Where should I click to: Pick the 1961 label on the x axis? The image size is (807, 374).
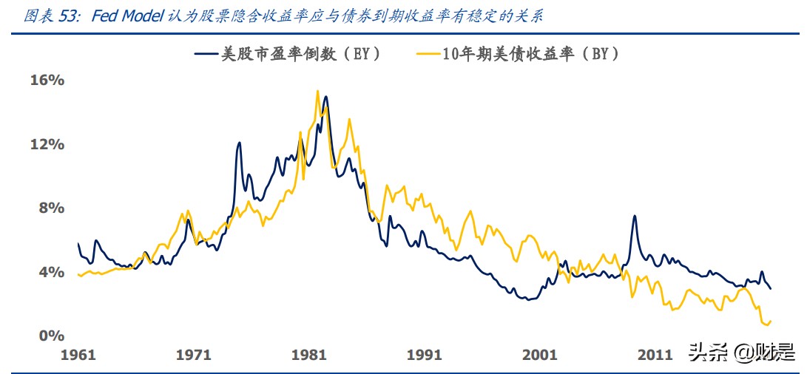78,356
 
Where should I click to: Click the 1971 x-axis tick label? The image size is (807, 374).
194,356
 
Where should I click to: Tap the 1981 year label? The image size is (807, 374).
309,356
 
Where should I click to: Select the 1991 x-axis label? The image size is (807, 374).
424,356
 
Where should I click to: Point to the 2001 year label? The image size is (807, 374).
539,356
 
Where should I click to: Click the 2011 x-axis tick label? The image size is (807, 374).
654,356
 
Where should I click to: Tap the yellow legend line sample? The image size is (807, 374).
428,54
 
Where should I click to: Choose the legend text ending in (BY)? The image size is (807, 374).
530,54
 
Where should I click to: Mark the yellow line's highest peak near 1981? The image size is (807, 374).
317,92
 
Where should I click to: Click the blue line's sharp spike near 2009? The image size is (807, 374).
634,217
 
